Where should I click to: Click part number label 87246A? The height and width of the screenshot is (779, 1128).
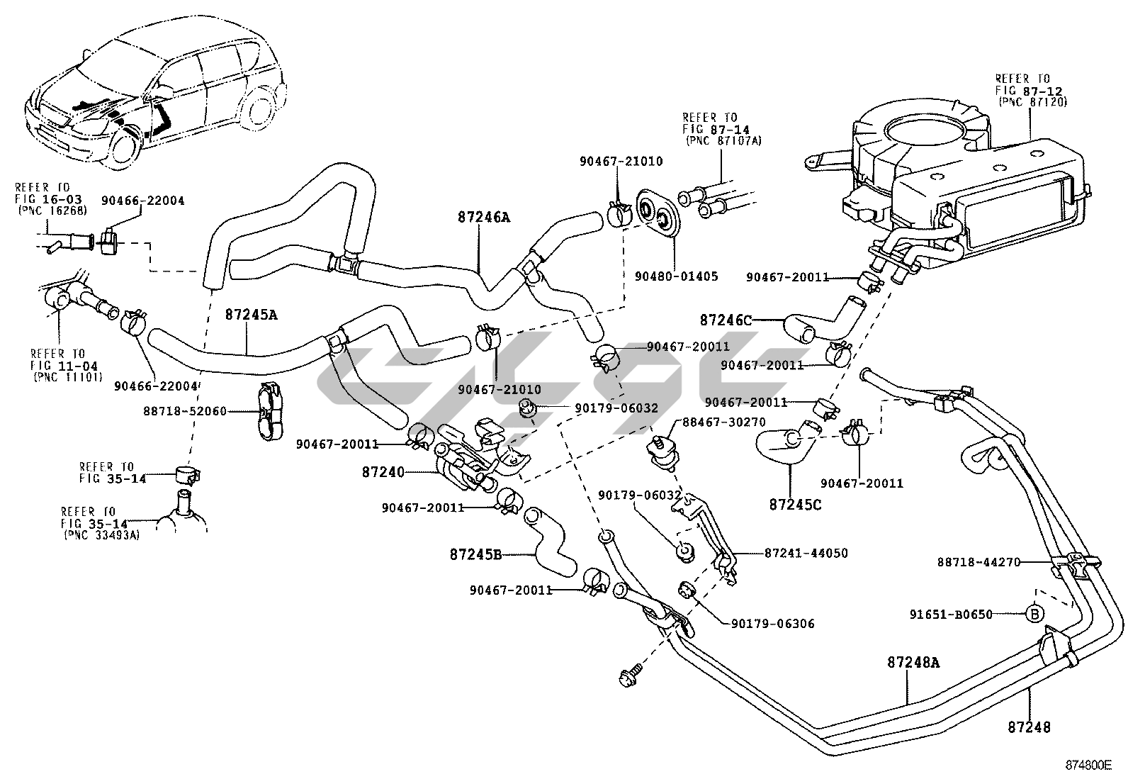click(x=484, y=218)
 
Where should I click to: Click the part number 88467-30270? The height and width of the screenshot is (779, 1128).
click(x=723, y=422)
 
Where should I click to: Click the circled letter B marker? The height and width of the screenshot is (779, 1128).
click(x=1034, y=614)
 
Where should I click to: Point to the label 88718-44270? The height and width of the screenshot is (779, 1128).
click(x=978, y=562)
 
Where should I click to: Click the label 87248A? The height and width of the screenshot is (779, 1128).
click(x=913, y=663)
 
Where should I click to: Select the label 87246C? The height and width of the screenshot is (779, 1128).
click(x=726, y=320)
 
